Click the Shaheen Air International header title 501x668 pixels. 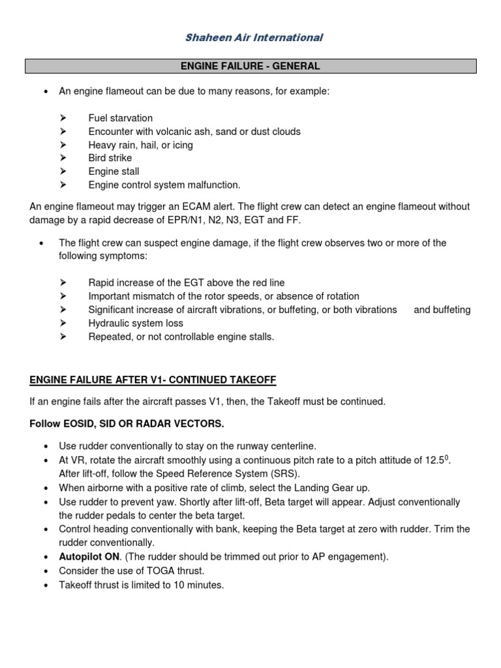pos(253,37)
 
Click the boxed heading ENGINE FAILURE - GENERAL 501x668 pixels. pos(250,66)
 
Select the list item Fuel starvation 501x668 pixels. pos(120,118)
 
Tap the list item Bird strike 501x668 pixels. pos(110,158)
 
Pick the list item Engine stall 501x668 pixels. pos(114,172)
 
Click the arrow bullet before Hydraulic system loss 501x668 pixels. pos(63,324)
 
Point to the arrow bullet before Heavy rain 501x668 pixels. pos(63,145)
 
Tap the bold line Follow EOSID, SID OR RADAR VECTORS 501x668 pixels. pos(127,424)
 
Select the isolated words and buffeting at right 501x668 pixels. pos(442,310)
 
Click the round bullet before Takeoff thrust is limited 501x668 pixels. pos(44,585)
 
